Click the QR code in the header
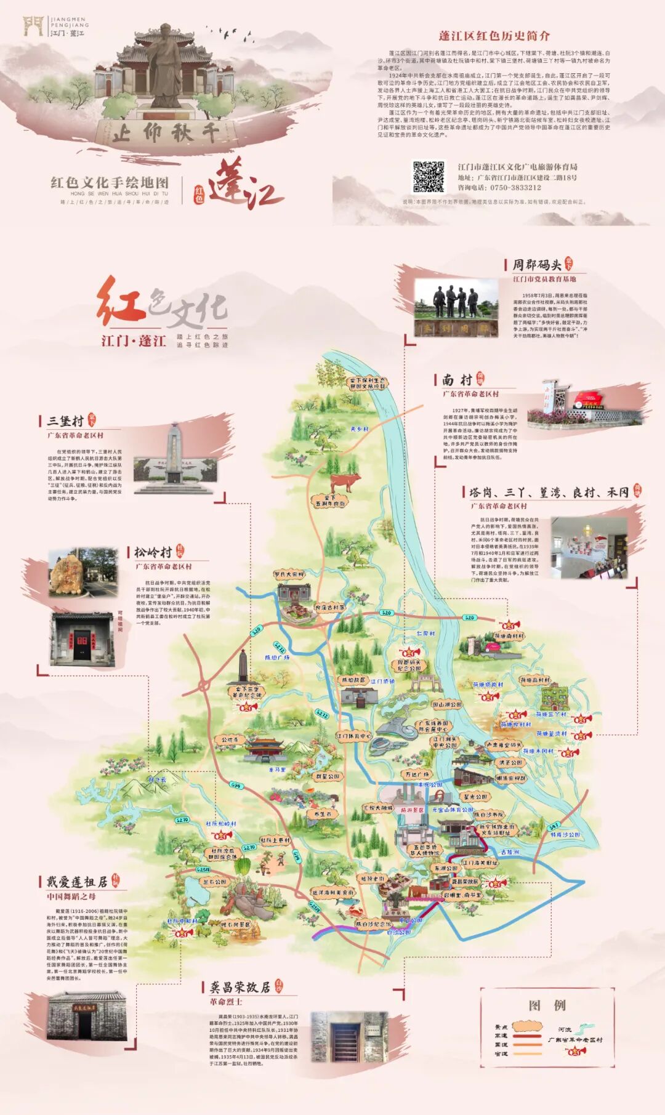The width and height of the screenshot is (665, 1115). pos(428,177)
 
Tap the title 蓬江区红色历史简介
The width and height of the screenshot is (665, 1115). pos(494,36)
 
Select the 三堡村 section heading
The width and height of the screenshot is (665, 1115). pos(65,421)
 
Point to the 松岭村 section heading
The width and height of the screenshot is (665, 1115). pos(153,552)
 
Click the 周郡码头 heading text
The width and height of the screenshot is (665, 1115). pos(536,265)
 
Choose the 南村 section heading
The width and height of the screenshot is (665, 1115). pos(457,380)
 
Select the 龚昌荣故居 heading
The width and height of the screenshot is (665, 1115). pos(240,987)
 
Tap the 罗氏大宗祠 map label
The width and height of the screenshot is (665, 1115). pos(289,574)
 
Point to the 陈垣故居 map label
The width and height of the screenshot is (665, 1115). pos(353,680)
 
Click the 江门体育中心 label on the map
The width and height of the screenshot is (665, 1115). pos(353,736)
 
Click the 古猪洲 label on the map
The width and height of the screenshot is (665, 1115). pos(510,852)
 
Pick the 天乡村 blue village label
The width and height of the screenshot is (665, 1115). pos(359,429)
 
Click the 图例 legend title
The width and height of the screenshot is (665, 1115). pos(547,1005)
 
